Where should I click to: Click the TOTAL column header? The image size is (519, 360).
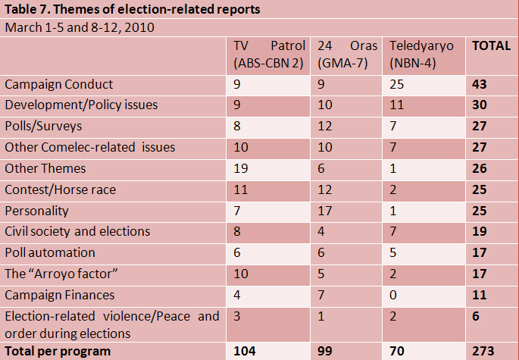[x=491, y=46]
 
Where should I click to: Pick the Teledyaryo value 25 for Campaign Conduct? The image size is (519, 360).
[x=396, y=85]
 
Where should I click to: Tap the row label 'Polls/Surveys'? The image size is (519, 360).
[x=42, y=126]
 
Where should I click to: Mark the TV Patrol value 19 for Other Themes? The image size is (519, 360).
[x=242, y=168]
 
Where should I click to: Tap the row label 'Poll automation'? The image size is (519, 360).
[x=50, y=252]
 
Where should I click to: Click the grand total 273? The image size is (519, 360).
[x=483, y=352]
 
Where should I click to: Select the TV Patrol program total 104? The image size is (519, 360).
[x=245, y=352]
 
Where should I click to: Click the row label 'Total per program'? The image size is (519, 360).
[x=58, y=352]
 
